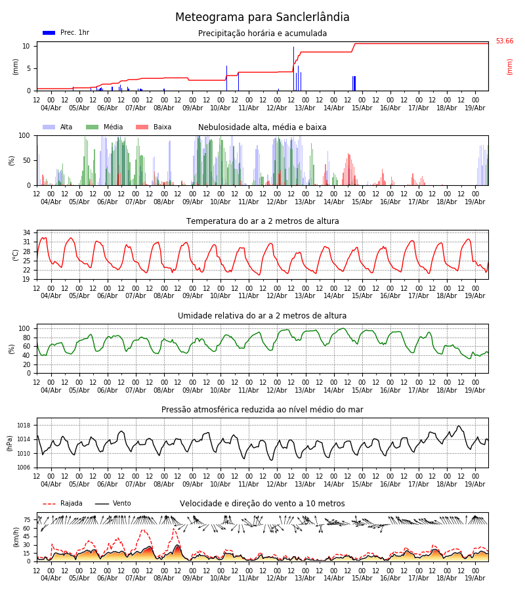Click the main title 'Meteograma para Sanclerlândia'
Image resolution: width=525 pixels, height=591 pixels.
[262, 17]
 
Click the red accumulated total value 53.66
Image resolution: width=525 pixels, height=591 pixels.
[504, 41]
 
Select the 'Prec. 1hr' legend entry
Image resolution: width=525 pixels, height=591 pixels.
[66, 32]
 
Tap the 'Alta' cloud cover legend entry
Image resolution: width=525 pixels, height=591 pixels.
[57, 127]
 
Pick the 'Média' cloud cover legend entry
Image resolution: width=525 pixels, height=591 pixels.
[104, 127]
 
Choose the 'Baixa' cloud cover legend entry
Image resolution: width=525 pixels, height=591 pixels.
[154, 127]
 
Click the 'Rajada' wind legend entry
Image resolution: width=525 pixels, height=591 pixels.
[62, 503]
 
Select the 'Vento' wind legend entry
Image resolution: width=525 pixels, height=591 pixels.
[113, 503]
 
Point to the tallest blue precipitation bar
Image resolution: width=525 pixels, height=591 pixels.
[294, 68]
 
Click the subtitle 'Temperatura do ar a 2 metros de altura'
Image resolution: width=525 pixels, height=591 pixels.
[262, 221]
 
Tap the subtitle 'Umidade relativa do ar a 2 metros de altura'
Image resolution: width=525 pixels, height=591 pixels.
[262, 316]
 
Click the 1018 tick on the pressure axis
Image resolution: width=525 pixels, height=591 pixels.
[24, 426]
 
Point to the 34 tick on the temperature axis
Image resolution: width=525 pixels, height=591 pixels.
[26, 233]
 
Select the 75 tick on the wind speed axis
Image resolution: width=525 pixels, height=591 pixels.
[27, 520]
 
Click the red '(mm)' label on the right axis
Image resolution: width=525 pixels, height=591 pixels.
[509, 67]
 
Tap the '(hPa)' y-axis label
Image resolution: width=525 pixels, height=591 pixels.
[10, 443]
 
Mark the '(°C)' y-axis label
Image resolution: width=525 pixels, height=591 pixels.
[16, 255]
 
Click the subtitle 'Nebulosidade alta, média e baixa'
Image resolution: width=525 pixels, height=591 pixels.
[262, 127]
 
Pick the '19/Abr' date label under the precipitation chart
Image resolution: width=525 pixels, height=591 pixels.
[475, 108]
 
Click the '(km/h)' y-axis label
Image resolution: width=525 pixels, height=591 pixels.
[16, 537]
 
